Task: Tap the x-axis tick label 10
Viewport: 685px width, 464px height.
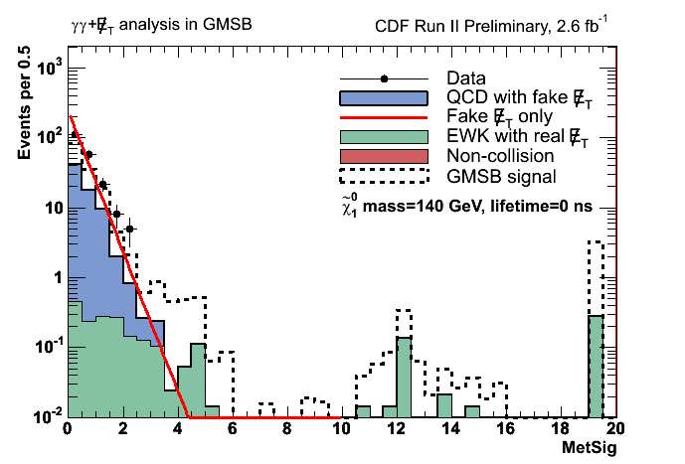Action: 341,430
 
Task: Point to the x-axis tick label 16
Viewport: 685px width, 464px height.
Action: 506,430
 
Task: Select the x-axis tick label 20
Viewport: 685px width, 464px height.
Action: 615,430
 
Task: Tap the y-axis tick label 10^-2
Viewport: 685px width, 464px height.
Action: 45,415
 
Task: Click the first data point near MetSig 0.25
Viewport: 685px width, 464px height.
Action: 74,134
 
